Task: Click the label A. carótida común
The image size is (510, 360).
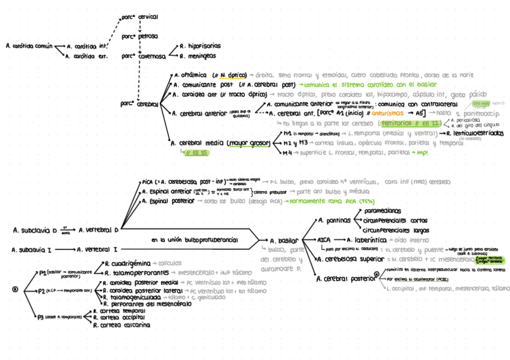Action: [28, 46]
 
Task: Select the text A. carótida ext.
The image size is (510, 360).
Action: [87, 56]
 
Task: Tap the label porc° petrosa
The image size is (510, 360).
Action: [140, 36]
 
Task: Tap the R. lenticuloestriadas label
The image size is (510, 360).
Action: [475, 133]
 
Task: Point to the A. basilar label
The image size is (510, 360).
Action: [283, 240]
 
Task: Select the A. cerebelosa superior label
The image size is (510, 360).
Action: [349, 259]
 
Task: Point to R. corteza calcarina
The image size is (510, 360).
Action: [121, 325]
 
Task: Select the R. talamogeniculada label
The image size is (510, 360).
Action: [132, 297]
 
